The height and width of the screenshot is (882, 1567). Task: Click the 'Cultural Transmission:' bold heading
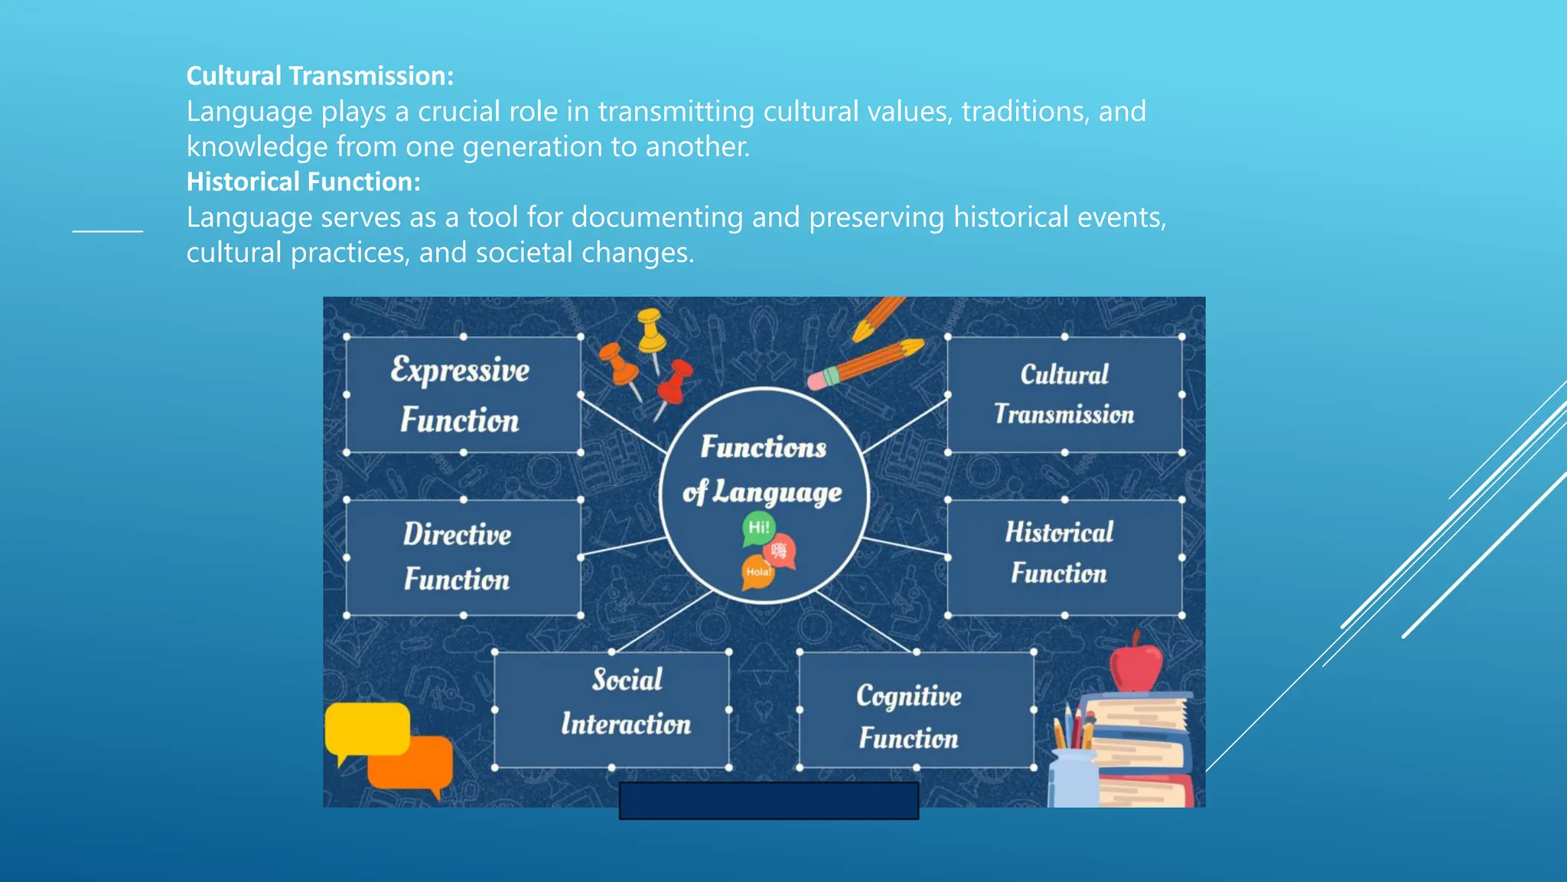[x=320, y=76]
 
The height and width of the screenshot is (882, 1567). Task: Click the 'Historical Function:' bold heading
[x=303, y=181]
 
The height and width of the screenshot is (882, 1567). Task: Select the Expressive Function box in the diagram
[x=462, y=395]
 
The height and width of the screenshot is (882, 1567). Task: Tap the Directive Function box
[x=462, y=557]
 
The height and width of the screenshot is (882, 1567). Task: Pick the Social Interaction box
[x=611, y=710]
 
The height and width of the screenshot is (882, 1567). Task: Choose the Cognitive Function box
[x=916, y=710]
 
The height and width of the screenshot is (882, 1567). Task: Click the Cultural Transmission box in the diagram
[x=1064, y=395]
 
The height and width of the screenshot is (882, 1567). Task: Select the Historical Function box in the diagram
[x=1064, y=557]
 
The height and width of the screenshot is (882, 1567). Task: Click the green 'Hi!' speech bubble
[x=758, y=528]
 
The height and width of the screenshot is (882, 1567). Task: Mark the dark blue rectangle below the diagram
[x=768, y=800]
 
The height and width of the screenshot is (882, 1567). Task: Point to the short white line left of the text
[x=108, y=230]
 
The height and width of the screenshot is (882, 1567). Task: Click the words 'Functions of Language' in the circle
[x=764, y=469]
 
